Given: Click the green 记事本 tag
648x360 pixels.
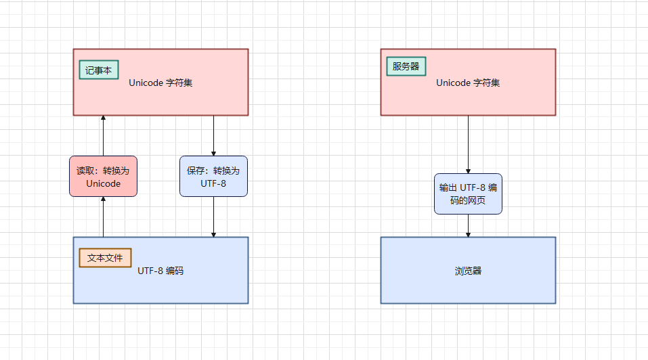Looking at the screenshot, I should pos(99,70).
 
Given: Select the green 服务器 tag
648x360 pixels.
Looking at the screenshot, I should pos(406,66).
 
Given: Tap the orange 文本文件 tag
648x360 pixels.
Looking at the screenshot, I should pos(105,258).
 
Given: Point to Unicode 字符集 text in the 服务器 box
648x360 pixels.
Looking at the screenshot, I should pos(468,83).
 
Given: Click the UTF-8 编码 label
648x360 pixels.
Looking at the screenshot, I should pos(160,271).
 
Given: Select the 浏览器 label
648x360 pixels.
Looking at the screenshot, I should pos(468,271).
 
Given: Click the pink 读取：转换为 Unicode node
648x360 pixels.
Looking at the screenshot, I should pos(103,176).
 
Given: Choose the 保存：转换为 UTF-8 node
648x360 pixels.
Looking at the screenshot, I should pos(213,176).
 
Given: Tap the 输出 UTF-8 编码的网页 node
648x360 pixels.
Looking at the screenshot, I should pos(468,194).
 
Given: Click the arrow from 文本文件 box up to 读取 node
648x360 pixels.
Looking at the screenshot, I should pos(103,217).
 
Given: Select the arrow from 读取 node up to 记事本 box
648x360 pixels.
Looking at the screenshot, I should pos(103,135).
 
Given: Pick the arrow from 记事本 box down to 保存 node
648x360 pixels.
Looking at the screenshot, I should pos(213,135).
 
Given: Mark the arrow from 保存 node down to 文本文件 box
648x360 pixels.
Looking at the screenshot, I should pos(213,217).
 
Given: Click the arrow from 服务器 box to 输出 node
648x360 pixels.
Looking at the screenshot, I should pos(468,144).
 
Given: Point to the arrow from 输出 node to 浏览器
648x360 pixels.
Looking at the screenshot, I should pos(468,225).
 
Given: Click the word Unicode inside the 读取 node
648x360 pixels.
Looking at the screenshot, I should pos(103,183).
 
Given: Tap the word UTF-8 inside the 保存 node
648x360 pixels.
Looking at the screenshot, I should pos(213,183).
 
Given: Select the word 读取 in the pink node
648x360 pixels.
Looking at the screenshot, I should pos(85,171).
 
